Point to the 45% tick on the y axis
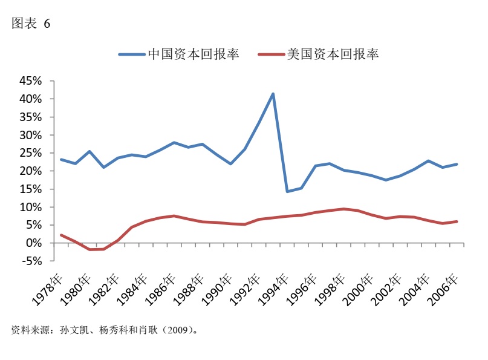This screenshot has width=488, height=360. [x=30, y=80]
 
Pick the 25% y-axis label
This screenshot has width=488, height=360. [x=30, y=153]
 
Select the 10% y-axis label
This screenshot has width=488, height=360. [x=30, y=207]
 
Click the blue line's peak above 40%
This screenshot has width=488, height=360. [x=273, y=94]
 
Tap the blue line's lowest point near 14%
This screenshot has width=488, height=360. [x=287, y=191]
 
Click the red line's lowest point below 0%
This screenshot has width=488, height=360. [x=90, y=249]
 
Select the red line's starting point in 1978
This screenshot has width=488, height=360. [x=62, y=235]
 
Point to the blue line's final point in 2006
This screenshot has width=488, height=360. [x=457, y=164]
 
